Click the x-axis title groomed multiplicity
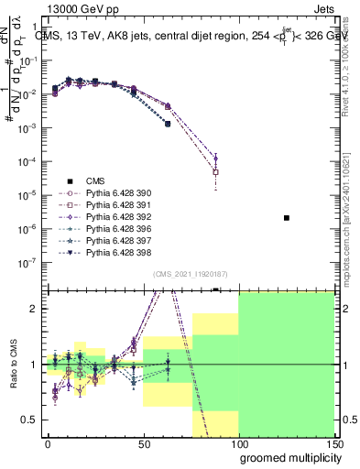[x=287, y=457]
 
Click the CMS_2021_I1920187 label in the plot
[x=191, y=274]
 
